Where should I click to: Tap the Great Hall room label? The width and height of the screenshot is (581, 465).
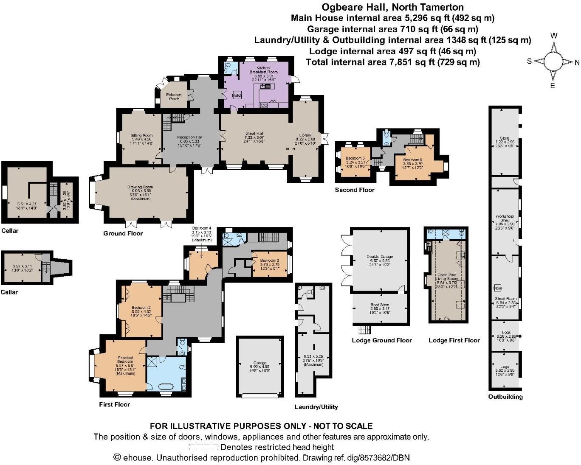coord(254,133)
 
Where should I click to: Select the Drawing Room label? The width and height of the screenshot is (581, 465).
coord(140,187)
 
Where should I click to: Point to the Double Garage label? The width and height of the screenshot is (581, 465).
coord(380,257)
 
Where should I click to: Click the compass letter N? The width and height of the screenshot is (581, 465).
coord(577,63)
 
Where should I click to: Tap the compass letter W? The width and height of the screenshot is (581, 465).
coord(554,36)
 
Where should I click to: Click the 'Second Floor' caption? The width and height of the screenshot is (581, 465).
coord(355,190)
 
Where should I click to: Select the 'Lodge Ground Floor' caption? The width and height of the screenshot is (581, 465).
coord(382,340)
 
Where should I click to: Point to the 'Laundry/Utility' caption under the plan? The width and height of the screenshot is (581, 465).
coord(316,407)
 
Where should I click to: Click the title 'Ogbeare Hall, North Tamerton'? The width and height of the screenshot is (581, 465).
coord(392,7)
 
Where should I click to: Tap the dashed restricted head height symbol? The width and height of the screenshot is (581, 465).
coord(203,447)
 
